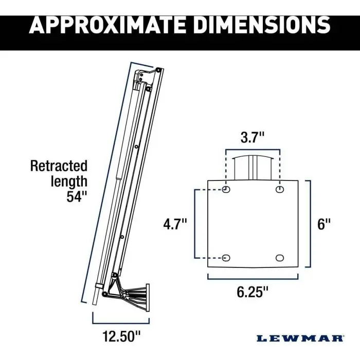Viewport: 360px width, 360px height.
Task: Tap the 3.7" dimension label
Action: click(x=253, y=137)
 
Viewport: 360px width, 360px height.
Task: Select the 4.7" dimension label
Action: click(x=175, y=225)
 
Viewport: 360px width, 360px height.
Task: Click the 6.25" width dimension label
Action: click(x=252, y=292)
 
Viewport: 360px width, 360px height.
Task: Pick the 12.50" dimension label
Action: click(x=120, y=322)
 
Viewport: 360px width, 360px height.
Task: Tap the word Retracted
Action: click(x=59, y=166)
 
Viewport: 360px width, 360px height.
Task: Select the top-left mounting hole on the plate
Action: click(x=226, y=190)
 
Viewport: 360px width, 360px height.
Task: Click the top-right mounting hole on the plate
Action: click(x=280, y=190)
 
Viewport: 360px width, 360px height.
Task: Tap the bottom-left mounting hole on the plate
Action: click(x=226, y=257)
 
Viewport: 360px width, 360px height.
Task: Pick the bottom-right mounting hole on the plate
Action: click(x=280, y=257)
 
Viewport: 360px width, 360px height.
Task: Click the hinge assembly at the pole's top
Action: click(x=149, y=77)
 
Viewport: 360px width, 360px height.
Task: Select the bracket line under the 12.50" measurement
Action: click(x=120, y=310)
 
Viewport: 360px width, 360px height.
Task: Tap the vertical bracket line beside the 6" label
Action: click(x=310, y=224)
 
